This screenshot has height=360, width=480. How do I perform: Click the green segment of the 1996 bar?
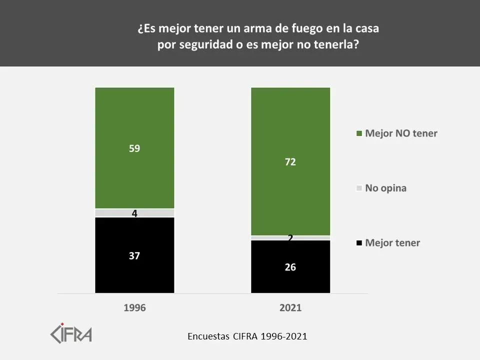click(x=134, y=125)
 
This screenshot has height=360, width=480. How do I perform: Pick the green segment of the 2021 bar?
click(x=290, y=125)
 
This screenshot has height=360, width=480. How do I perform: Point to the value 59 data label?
click(x=134, y=148)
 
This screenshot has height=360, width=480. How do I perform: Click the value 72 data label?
click(x=290, y=162)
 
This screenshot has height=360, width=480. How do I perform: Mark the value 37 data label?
click(x=134, y=255)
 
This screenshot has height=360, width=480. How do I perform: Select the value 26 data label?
click(x=290, y=267)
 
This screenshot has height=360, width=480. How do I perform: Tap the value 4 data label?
click(x=134, y=213)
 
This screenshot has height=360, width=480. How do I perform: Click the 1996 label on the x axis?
click(x=134, y=308)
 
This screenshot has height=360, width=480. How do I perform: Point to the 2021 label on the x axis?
click(x=290, y=308)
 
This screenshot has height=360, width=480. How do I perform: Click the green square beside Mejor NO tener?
click(x=358, y=133)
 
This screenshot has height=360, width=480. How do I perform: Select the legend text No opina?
click(x=385, y=188)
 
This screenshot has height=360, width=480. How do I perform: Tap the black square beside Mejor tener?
click(x=358, y=243)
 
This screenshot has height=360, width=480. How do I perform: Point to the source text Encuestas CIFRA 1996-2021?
click(x=247, y=336)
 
